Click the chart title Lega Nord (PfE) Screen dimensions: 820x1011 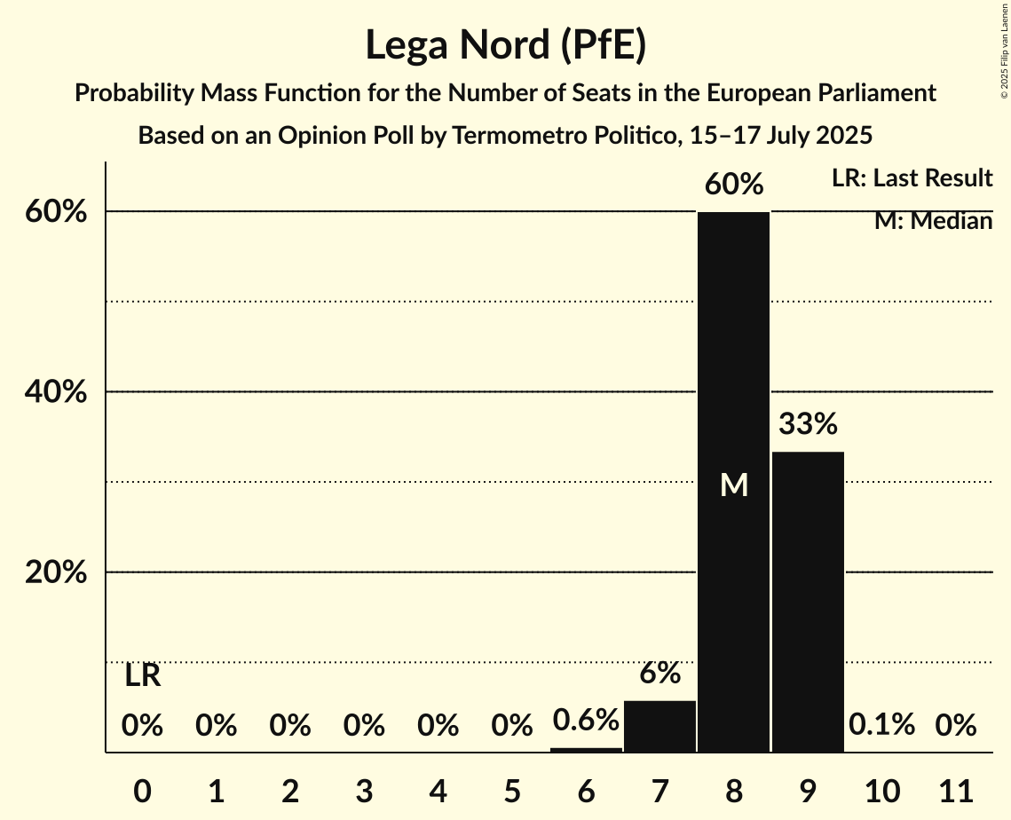505,45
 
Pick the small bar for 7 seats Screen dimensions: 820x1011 660,726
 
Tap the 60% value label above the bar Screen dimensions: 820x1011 733,185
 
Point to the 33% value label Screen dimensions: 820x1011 808,424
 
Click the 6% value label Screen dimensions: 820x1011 660,674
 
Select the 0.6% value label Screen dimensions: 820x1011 586,720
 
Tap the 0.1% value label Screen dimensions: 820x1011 881,725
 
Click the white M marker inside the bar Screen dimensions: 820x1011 733,485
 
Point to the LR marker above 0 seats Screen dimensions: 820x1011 142,676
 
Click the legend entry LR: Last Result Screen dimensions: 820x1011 912,178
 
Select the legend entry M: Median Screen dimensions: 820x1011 933,221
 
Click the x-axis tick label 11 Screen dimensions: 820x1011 956,789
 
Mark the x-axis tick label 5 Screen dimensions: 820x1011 512,789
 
